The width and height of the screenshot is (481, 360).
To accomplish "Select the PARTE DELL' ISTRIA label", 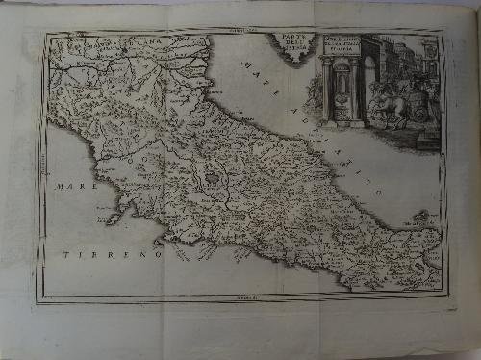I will (290, 45).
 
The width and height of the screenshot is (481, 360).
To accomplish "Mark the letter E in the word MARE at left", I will (86, 185).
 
